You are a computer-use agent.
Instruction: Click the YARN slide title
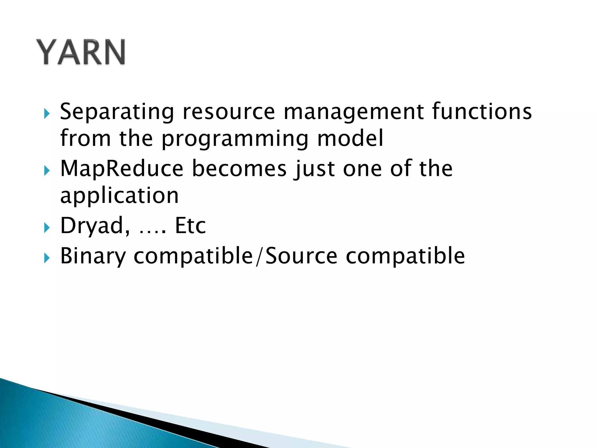(x=81, y=52)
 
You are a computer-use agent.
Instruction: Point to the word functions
(x=482, y=111)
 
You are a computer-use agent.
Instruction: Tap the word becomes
(x=239, y=169)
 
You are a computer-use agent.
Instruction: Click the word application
(x=119, y=196)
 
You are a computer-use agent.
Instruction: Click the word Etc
(x=190, y=225)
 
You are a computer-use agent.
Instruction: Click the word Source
(x=301, y=256)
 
